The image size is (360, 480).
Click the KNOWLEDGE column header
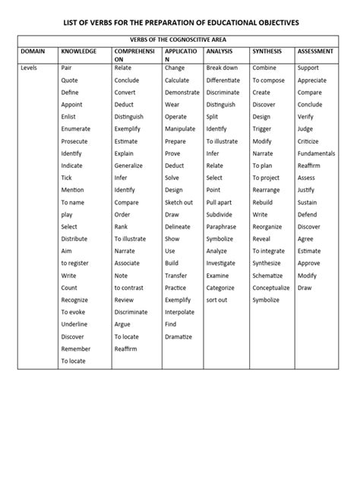[79, 51]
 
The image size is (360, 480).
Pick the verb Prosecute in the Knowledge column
[74, 141]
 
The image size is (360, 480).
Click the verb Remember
[75, 349]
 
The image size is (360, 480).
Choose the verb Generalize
[128, 166]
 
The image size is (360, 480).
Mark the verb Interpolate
[179, 312]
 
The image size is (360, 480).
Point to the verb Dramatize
[178, 336]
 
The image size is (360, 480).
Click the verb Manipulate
[180, 129]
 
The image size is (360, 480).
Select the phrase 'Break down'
[222, 68]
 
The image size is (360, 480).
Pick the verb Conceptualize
[271, 288]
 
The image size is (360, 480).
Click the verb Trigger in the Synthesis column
[263, 129]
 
